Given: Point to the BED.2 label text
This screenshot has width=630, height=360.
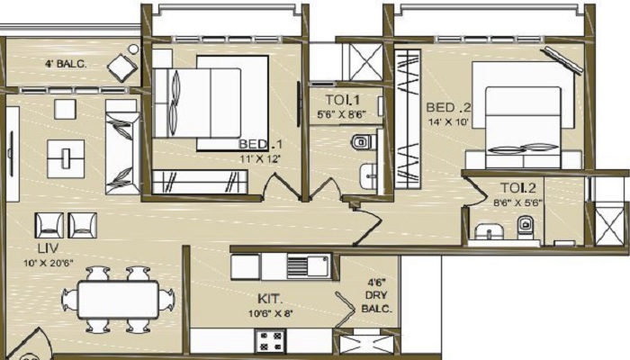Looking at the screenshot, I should pos(446,106).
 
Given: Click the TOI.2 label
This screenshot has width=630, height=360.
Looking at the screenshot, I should pos(518,189).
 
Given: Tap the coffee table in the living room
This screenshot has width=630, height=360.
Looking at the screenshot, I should pos(67,155).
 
